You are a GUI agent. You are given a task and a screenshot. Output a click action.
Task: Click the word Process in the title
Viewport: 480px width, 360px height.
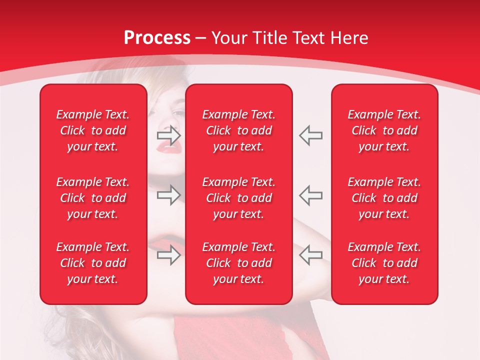coord(157,38)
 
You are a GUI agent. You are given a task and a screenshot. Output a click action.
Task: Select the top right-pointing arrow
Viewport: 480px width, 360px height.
coord(168,135)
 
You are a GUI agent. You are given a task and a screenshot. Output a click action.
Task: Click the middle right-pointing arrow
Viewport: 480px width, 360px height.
coord(168,195)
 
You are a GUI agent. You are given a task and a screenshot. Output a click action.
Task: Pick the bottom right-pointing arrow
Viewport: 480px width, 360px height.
coord(168,255)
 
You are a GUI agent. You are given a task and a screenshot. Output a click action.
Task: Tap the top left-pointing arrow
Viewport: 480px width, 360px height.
coord(311,135)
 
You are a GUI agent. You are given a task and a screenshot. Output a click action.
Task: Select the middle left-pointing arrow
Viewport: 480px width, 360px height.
coord(311,195)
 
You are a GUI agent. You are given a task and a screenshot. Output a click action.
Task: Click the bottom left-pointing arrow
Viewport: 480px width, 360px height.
coord(311,255)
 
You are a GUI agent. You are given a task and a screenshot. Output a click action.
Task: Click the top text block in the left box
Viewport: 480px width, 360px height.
coord(93,130)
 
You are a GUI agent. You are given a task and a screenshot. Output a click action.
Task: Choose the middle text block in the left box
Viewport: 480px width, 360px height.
coord(93,198)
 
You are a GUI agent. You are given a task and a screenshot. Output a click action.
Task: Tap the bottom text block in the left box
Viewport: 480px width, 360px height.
coord(93,263)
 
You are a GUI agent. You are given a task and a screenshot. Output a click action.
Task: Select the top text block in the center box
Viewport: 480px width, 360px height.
coord(238,130)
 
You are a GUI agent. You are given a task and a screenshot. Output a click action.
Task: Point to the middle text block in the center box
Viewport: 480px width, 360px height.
coord(238,198)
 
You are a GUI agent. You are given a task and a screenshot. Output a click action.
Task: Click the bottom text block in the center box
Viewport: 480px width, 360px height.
coord(238,263)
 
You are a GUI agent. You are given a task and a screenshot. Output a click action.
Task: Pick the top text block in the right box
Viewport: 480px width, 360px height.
coord(384,130)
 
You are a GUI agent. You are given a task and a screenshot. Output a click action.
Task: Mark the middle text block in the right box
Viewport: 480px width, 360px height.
coord(384,198)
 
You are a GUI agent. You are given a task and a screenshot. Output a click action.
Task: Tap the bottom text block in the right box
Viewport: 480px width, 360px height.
coord(384,263)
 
